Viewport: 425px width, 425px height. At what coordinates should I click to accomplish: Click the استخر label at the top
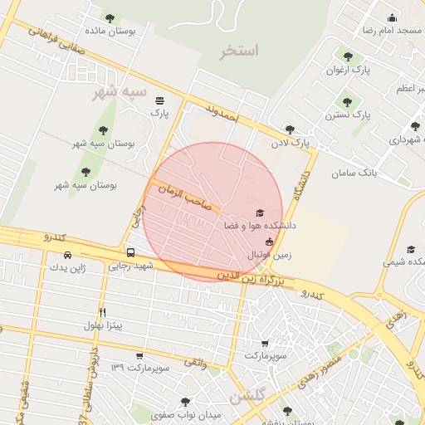[239, 51]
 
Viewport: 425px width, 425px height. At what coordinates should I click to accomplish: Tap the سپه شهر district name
[120, 90]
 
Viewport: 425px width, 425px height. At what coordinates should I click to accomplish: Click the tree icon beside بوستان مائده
[110, 17]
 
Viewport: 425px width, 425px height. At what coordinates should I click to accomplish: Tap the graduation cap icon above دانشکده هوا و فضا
[259, 212]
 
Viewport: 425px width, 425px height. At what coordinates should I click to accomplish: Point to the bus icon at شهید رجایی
[130, 252]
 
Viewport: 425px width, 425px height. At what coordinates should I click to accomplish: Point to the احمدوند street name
[222, 113]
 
